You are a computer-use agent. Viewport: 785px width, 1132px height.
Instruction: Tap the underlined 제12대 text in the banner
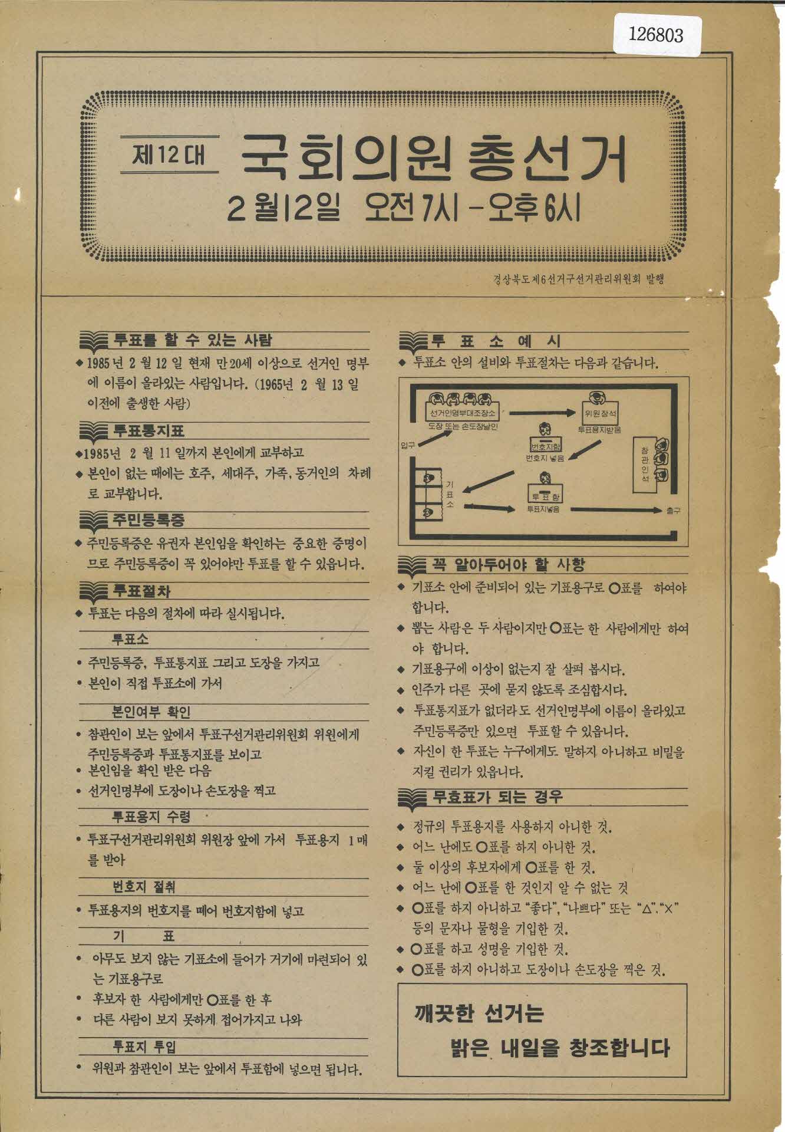tap(169, 155)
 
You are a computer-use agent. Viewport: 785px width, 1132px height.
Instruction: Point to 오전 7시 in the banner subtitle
tap(411, 209)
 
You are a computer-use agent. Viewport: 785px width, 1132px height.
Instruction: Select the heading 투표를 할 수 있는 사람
tap(193, 340)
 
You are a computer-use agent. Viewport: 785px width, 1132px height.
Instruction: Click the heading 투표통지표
tap(149, 430)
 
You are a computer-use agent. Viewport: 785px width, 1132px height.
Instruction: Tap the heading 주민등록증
tap(149, 520)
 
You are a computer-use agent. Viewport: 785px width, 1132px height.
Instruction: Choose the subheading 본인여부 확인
tap(151, 712)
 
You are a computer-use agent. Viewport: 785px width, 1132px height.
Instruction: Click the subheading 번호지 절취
tap(144, 887)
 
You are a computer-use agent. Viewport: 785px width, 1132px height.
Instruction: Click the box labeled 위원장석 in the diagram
tap(600, 412)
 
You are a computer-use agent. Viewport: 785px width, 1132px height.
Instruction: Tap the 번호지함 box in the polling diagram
tap(546, 446)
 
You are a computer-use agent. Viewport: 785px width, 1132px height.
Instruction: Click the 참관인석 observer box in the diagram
tap(644, 465)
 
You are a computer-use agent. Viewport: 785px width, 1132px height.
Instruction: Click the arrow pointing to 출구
tap(616, 510)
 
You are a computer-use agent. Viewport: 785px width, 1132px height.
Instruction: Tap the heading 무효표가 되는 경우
tap(497, 798)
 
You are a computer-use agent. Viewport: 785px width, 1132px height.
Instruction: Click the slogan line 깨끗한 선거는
tap(479, 1013)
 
